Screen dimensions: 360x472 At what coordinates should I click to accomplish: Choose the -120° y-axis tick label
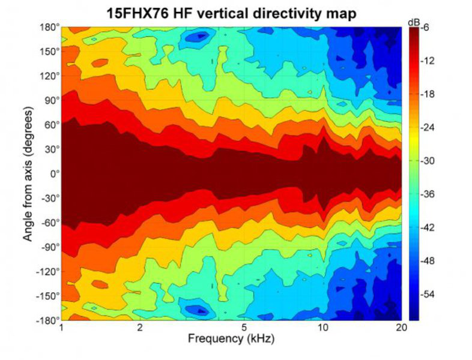[x=49, y=271]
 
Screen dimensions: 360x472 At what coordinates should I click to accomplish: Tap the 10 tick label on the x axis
[x=323, y=328]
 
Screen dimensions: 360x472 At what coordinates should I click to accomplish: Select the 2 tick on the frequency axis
[x=140, y=328]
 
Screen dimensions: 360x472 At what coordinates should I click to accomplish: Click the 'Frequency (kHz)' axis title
[x=232, y=339]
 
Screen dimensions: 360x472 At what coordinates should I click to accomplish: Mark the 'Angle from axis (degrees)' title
[x=28, y=174]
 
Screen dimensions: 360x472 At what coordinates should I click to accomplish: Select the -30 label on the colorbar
[x=427, y=161]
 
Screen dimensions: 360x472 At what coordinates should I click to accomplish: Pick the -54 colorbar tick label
[x=427, y=295]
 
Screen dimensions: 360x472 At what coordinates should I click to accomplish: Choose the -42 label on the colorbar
[x=427, y=228]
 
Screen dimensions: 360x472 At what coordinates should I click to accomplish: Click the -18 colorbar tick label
[x=427, y=94]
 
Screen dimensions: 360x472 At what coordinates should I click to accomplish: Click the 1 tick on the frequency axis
[x=62, y=328]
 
